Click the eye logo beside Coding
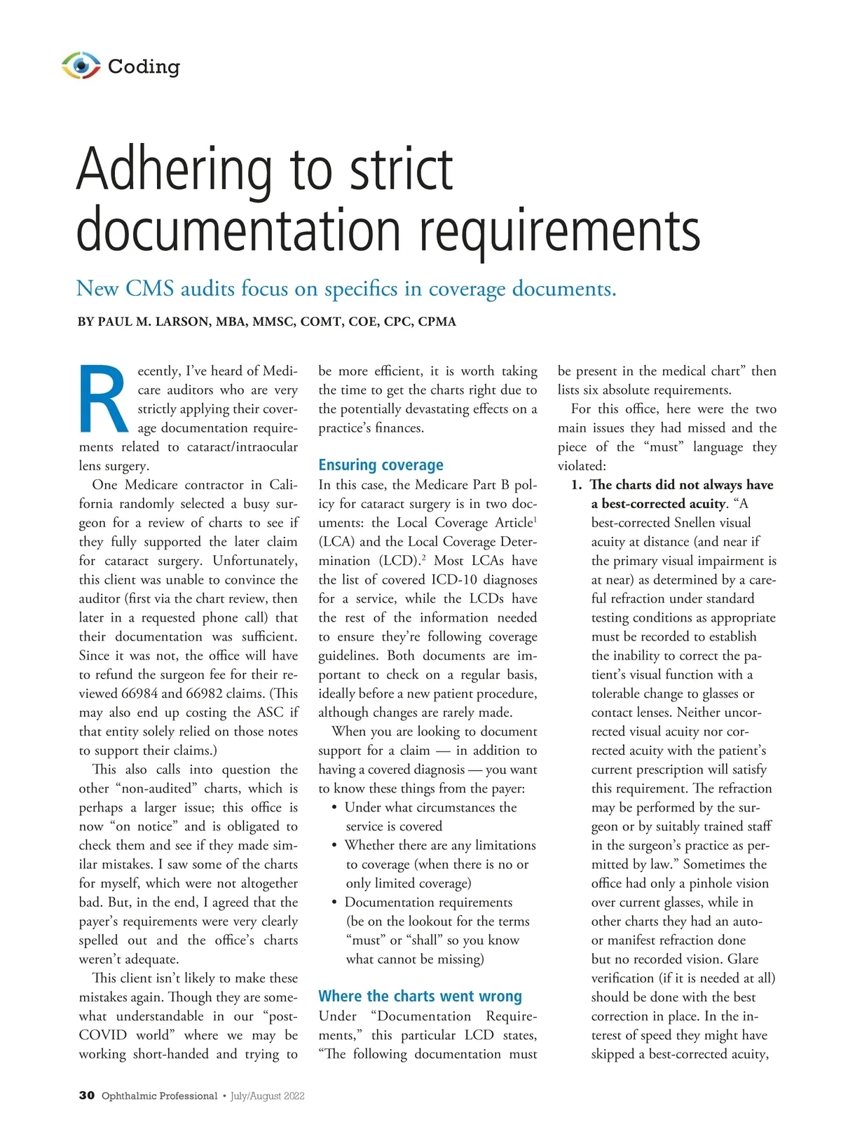tap(81, 66)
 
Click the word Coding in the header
tap(144, 67)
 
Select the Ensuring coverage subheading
tap(381, 465)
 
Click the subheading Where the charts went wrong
tap(420, 996)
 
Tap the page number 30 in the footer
tap(86, 1095)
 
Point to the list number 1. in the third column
tap(576, 484)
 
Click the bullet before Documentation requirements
tap(335, 903)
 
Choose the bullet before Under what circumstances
tap(335, 807)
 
